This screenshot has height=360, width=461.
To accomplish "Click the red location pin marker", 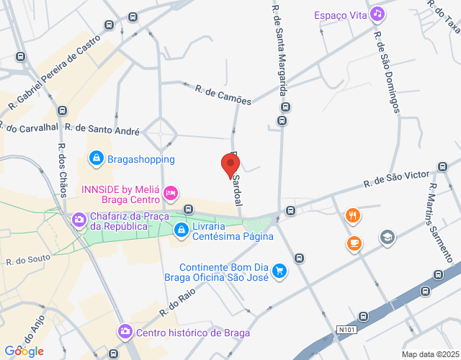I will tap(230, 165).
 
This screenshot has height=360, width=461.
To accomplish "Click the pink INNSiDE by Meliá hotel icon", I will tap(171, 193).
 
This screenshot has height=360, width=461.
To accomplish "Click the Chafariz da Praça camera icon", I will tap(79, 218).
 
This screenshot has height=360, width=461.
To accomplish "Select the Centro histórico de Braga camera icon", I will tap(125, 331).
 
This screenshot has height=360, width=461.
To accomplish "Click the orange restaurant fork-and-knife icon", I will tap(352, 215).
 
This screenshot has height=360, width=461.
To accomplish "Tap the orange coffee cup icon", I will tap(353, 243).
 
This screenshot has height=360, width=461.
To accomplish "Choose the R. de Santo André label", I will tap(102, 127).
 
